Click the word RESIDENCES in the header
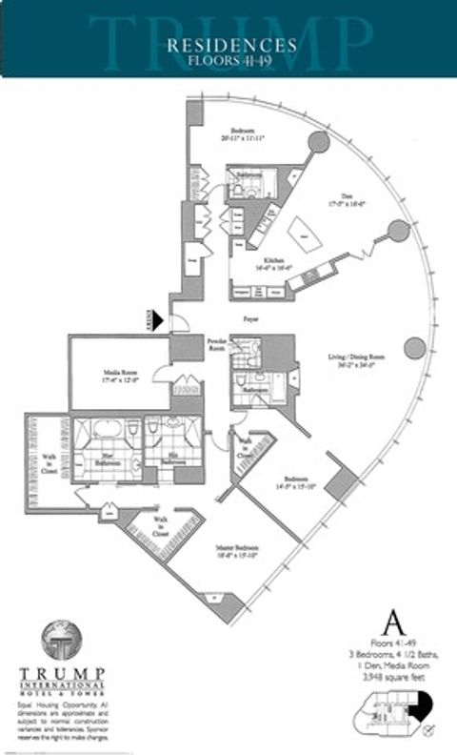[x=231, y=45]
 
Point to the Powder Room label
[x=217, y=345]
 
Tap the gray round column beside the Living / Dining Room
[x=413, y=348]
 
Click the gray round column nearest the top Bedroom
[x=319, y=143]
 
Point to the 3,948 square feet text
[x=389, y=674]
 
